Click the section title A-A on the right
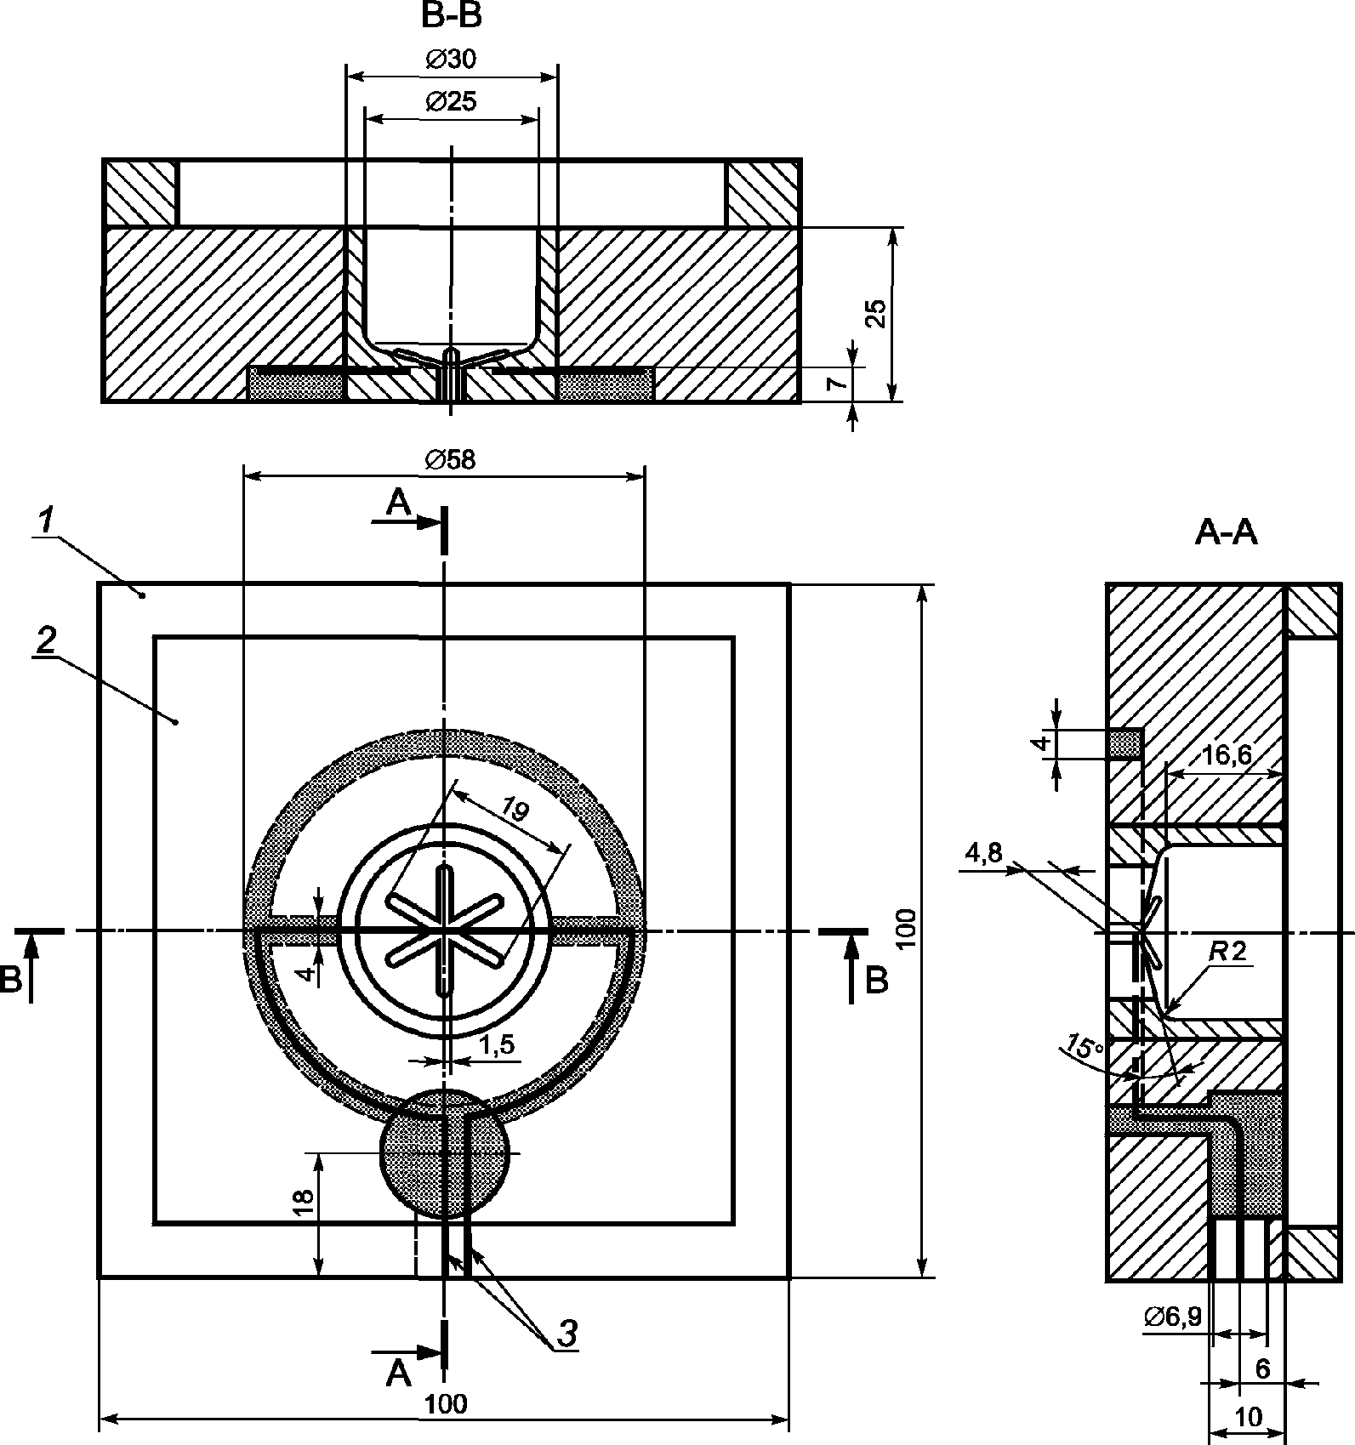pyautogui.click(x=1227, y=532)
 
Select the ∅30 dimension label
pyautogui.click(x=451, y=59)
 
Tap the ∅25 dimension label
pyautogui.click(x=451, y=102)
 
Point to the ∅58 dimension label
pyautogui.click(x=451, y=459)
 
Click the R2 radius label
pyautogui.click(x=1228, y=952)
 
